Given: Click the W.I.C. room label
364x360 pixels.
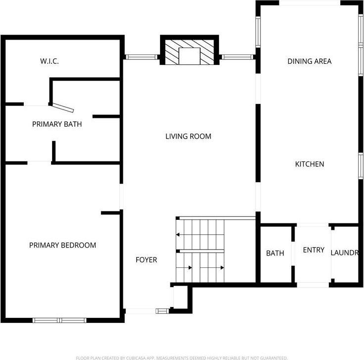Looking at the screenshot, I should pyautogui.click(x=50, y=61).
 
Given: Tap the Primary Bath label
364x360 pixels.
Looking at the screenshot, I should pyautogui.click(x=57, y=124).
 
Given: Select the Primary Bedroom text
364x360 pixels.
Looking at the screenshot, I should pyautogui.click(x=62, y=245).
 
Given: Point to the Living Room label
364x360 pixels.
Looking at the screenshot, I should pyautogui.click(x=188, y=136).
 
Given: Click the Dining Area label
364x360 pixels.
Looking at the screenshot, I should pyautogui.click(x=310, y=61).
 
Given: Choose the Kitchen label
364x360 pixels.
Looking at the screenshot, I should pyautogui.click(x=310, y=164).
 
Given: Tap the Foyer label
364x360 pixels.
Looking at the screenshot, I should pyautogui.click(x=147, y=259).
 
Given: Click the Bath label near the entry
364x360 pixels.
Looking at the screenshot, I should pyautogui.click(x=275, y=253).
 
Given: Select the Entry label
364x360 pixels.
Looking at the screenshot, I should pyautogui.click(x=313, y=250).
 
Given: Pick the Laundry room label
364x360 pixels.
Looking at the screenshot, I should pyautogui.click(x=344, y=253).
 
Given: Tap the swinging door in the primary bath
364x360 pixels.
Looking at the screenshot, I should pyautogui.click(x=63, y=107).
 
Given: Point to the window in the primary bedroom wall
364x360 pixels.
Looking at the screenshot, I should pyautogui.click(x=59, y=320).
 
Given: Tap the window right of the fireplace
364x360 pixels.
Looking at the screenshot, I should pyautogui.click(x=237, y=57).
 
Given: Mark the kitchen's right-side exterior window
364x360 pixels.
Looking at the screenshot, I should pyautogui.click(x=361, y=166).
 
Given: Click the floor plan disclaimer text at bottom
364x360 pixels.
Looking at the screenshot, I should pyautogui.click(x=182, y=358).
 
